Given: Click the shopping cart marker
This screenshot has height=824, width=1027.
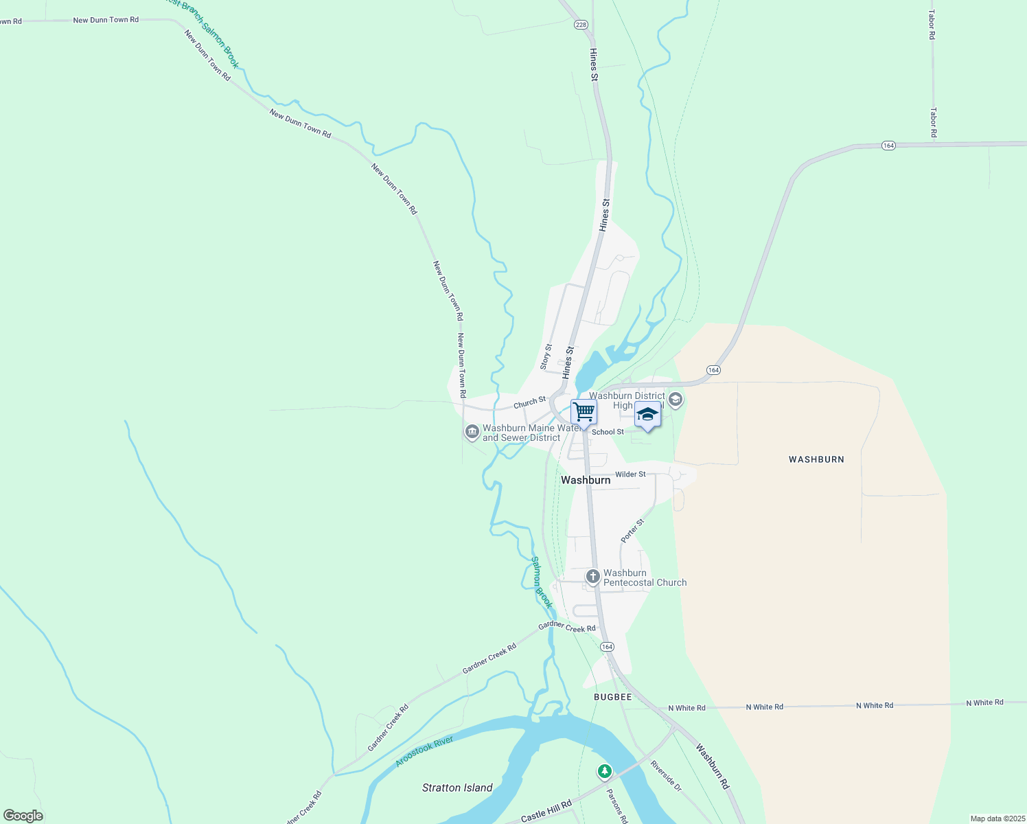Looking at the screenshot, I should (x=584, y=413).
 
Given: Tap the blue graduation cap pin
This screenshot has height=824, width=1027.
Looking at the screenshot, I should (x=647, y=415).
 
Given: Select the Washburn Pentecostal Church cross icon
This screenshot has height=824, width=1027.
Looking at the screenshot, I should (x=593, y=577).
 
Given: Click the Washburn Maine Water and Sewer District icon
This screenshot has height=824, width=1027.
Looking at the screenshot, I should (x=472, y=432).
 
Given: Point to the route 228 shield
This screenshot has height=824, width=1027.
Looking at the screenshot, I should (x=581, y=25).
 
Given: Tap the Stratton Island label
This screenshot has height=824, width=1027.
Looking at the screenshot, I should (x=457, y=788).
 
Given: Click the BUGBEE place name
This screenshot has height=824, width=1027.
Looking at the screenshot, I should (x=612, y=697).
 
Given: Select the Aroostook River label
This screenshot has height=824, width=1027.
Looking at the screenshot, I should (x=425, y=752).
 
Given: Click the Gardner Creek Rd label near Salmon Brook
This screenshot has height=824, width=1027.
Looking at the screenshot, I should (x=566, y=628).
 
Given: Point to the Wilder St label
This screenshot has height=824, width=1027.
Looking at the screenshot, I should (x=630, y=474).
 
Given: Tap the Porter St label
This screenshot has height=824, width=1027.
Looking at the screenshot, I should (x=632, y=531).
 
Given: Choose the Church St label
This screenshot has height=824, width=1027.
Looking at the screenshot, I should (x=529, y=403).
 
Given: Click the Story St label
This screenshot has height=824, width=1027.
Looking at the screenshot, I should (x=546, y=357).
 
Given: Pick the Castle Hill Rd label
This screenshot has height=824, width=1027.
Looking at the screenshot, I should (x=546, y=812).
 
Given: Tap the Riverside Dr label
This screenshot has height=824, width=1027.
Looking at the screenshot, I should (x=665, y=775).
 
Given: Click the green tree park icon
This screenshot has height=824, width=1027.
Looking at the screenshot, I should (x=604, y=772).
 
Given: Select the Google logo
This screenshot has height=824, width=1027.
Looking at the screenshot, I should (x=23, y=816).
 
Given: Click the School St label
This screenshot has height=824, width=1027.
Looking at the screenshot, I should (x=608, y=432).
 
